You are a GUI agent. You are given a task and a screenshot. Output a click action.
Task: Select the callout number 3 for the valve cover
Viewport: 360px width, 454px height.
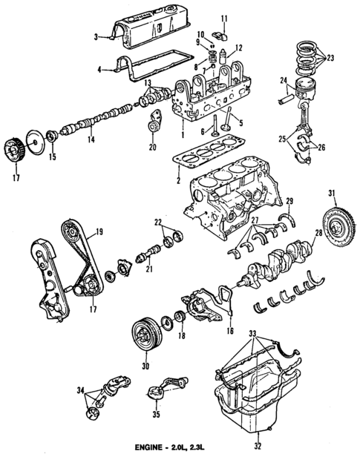[x=96, y=35]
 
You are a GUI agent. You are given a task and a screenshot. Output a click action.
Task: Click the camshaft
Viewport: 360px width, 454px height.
[x=96, y=119]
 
